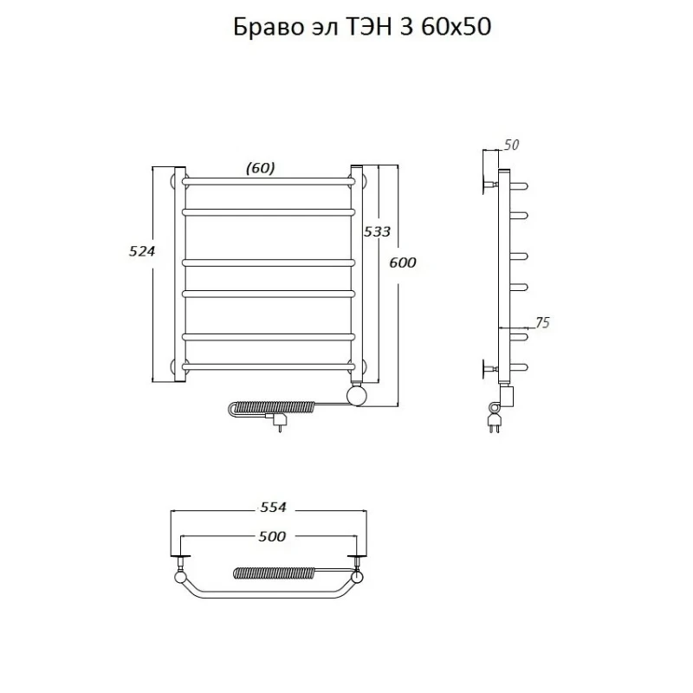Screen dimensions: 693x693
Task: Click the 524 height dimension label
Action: (x=142, y=251)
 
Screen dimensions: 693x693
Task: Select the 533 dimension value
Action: (x=377, y=231)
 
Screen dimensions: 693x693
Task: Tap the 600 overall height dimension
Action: (x=403, y=262)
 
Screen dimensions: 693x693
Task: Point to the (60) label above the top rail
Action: (x=261, y=168)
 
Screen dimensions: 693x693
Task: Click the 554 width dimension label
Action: (x=273, y=508)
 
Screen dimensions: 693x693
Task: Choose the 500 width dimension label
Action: (x=272, y=536)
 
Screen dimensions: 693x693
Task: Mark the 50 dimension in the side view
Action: (x=511, y=145)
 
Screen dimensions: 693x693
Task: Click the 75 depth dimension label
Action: (x=542, y=323)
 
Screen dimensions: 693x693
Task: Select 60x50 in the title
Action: (x=457, y=28)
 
